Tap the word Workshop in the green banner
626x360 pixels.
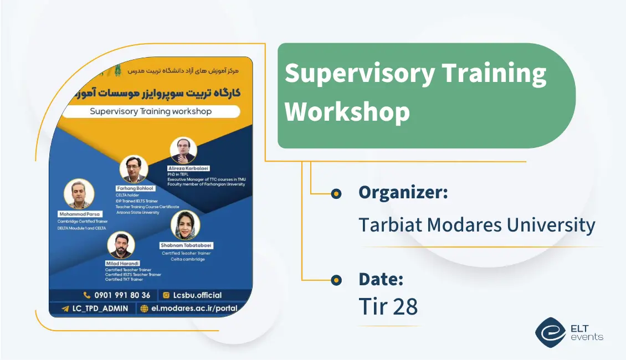point(347,111)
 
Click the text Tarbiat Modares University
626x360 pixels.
point(476,225)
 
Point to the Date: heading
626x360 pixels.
point(381,279)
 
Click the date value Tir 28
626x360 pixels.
point(388,307)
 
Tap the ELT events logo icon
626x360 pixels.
point(550,331)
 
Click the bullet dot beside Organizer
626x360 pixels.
point(336,193)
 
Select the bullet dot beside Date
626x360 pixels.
point(336,280)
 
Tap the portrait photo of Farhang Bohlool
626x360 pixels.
point(134,169)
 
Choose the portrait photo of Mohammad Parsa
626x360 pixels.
point(79,194)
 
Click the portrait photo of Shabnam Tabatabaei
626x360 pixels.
point(186,225)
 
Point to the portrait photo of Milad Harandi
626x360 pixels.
point(121,245)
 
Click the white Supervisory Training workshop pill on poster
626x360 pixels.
point(151,111)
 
